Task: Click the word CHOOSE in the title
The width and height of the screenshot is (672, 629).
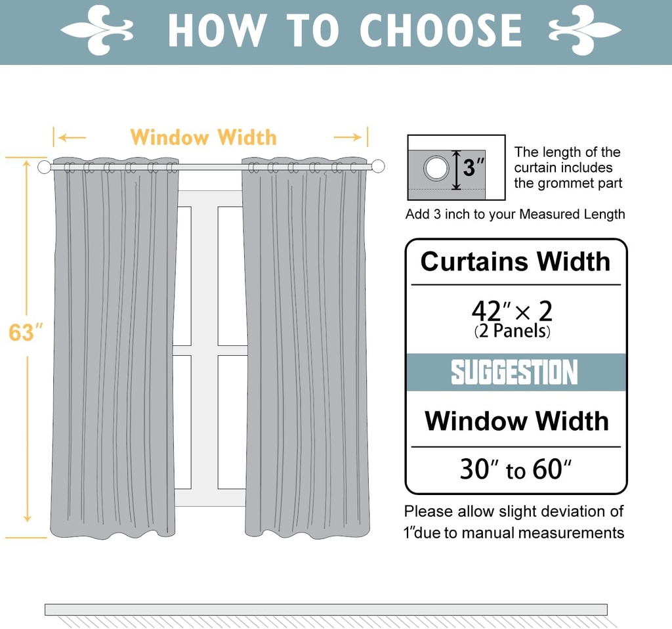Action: [x=441, y=30]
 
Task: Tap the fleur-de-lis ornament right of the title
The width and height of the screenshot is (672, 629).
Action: [x=584, y=30]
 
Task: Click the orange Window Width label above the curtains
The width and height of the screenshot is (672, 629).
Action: [x=203, y=137]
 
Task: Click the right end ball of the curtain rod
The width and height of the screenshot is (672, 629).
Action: [x=377, y=166]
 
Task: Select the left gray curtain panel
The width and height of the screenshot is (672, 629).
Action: [x=114, y=348]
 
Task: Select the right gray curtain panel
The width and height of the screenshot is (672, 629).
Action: [x=306, y=348]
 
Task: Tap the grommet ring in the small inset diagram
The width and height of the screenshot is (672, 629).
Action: [x=436, y=168]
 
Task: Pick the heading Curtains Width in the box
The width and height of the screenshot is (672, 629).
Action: [x=515, y=261]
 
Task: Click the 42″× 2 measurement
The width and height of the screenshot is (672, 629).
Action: [x=512, y=310]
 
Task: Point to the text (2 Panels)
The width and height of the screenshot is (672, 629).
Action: [x=512, y=331]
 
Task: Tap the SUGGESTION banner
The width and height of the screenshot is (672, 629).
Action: [x=515, y=372]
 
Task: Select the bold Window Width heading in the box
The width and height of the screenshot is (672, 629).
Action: [x=516, y=421]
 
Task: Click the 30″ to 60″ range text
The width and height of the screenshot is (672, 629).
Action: [x=516, y=470]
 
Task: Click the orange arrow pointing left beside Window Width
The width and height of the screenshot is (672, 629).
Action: [x=71, y=137]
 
